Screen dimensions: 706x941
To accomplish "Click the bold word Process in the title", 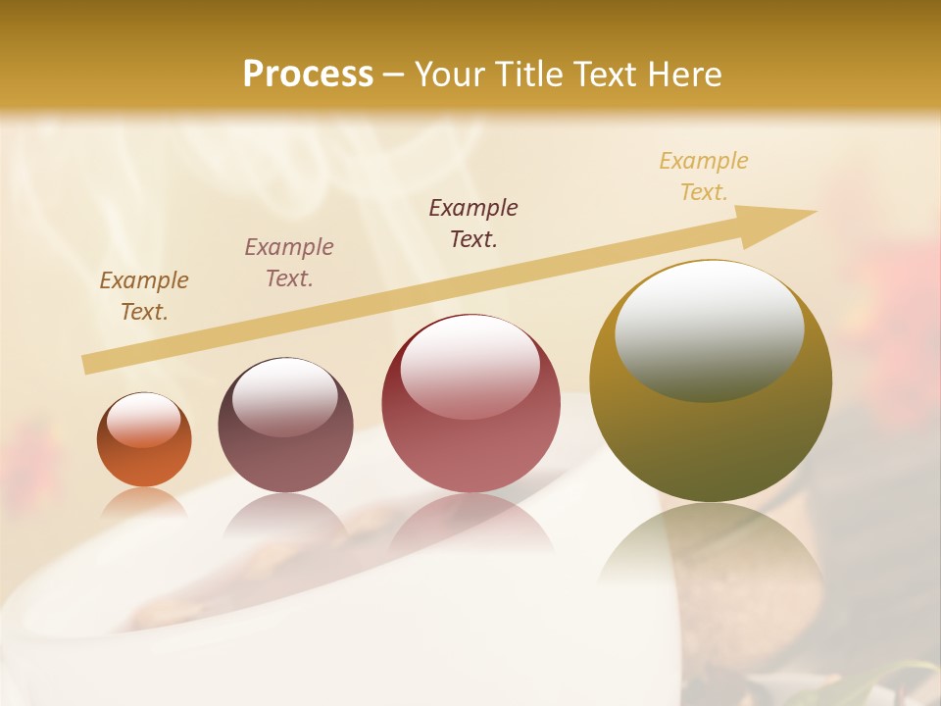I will tap(308, 75).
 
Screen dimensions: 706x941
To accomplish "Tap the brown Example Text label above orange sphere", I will tap(144, 296).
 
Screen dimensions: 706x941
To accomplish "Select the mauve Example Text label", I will tap(289, 263).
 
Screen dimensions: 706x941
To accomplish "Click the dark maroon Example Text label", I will tap(473, 223).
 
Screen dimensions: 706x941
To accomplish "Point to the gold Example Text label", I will tap(704, 176).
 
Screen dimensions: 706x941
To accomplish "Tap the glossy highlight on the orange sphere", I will tap(144, 420).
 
